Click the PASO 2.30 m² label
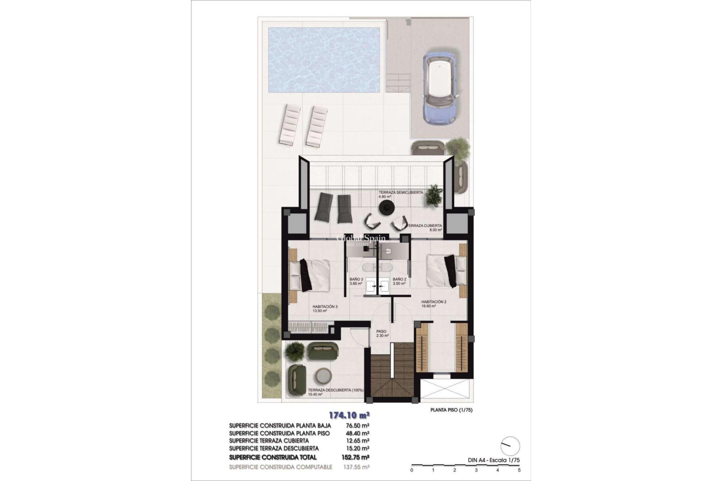click(382, 333)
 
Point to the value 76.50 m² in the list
click(357, 425)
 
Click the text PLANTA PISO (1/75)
click(451, 410)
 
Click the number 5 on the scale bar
click(519, 470)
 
